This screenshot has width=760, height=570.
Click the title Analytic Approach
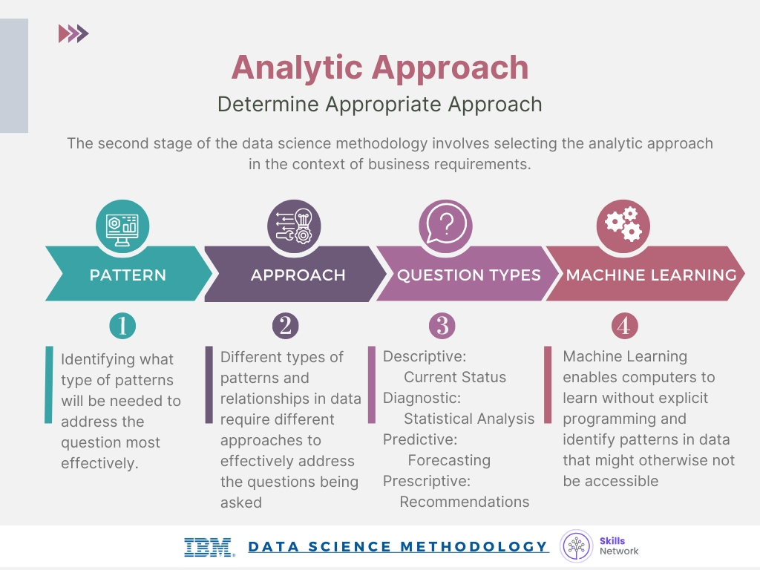pos(379,68)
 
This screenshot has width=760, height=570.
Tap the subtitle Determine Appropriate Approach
pos(379,104)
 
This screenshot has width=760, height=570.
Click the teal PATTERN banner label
pos(128,275)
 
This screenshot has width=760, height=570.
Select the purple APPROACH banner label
pos(298,275)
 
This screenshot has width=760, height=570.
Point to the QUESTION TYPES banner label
pos(468,275)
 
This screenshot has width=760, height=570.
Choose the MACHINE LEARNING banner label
pos(651,275)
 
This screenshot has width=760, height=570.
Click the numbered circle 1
pos(122,325)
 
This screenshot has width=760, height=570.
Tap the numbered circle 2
pos(285,325)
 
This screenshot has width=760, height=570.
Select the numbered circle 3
pos(442,325)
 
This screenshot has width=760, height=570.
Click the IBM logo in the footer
pos(209,548)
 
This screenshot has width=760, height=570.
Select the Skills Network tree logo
pos(577,547)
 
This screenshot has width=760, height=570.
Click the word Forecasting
pos(449,460)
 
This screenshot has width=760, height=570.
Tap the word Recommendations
pos(465,502)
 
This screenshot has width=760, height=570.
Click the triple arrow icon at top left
pos(73,33)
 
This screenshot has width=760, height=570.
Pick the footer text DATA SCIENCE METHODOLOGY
pos(398,547)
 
